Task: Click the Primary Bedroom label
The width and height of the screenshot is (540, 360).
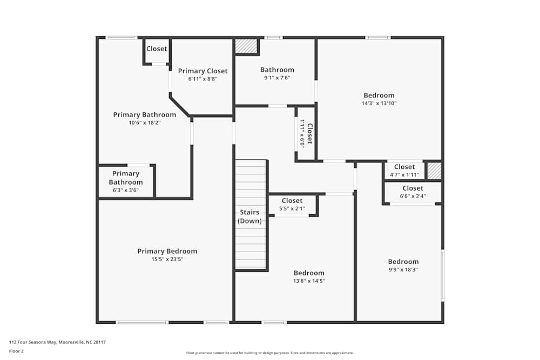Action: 167,251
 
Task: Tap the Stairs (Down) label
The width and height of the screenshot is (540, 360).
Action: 249,216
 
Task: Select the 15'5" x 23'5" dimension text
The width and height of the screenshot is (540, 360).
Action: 167,259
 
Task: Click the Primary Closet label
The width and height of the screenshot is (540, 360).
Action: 202,71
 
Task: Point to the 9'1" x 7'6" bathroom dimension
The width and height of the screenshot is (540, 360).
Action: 277,78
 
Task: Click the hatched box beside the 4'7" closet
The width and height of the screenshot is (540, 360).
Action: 434,171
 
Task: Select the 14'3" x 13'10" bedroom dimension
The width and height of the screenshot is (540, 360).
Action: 379,103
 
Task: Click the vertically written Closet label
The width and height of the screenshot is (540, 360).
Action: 309,134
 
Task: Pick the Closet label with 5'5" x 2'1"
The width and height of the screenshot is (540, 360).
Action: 292,201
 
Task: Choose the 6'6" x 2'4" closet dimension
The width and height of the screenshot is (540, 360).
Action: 413,196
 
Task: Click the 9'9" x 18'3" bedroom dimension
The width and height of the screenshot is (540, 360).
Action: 403,269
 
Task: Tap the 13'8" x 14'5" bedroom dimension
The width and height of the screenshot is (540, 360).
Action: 309,281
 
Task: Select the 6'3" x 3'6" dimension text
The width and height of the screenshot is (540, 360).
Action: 126,190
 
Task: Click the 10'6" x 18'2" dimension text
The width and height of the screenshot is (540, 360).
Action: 144,123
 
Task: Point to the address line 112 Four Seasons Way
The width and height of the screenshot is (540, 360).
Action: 57,342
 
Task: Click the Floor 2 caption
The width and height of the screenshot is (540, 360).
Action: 16,351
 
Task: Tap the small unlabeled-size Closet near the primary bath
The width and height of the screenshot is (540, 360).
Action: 157,49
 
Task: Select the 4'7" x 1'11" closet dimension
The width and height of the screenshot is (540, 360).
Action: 404,175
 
